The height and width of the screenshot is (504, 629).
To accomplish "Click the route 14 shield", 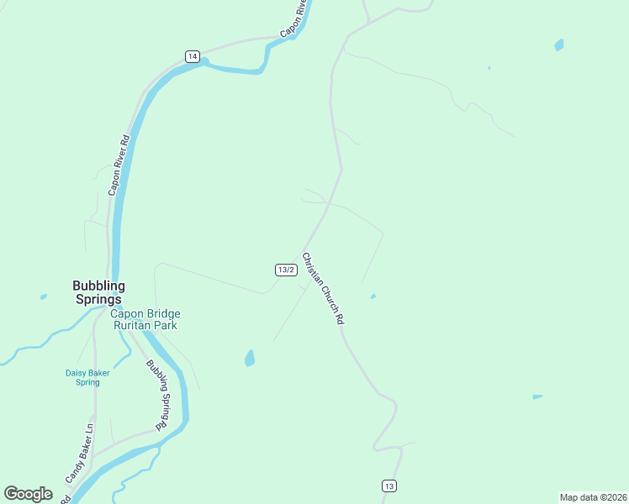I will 193,56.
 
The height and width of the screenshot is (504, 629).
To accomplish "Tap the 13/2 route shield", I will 286,270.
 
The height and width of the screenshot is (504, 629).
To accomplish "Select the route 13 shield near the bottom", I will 388,486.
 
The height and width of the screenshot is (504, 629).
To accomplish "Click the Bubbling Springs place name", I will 98,292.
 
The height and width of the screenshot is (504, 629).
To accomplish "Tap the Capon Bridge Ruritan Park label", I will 145,320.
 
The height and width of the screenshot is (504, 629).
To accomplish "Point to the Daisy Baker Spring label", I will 82,377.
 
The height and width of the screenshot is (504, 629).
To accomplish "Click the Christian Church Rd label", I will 324,289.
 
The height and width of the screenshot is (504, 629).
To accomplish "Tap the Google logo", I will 28,493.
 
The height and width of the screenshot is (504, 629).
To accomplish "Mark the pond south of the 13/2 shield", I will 249,359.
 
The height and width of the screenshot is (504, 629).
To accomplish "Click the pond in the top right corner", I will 558,45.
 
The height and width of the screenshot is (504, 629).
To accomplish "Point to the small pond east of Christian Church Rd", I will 373,296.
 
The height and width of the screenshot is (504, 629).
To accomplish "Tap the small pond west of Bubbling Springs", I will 43,297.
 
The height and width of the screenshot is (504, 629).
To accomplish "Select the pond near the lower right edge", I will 537,396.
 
